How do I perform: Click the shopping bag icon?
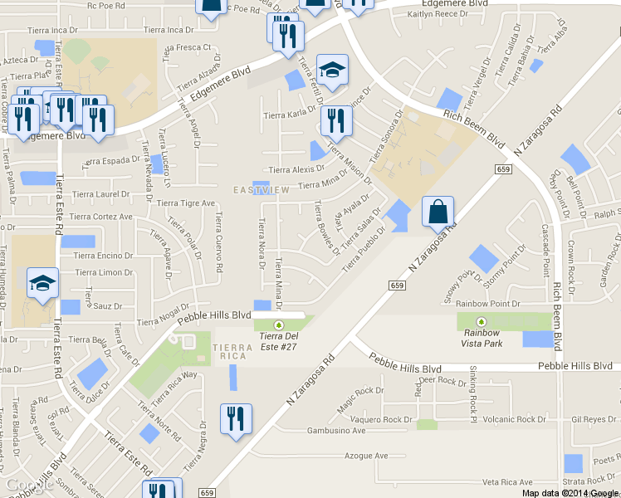click(x=438, y=212)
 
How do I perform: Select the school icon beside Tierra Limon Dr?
click(x=42, y=284)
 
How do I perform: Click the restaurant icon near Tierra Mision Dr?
click(x=335, y=120)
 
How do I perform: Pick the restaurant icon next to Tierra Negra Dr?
click(x=236, y=418)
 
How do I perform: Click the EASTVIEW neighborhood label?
click(x=261, y=190)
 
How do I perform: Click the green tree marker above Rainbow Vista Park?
click(x=481, y=322)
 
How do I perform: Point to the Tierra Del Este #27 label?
click(x=279, y=336)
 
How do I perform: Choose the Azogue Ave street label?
click(x=366, y=456)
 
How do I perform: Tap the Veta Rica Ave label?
click(x=507, y=482)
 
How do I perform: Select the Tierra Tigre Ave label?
click(x=186, y=203)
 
